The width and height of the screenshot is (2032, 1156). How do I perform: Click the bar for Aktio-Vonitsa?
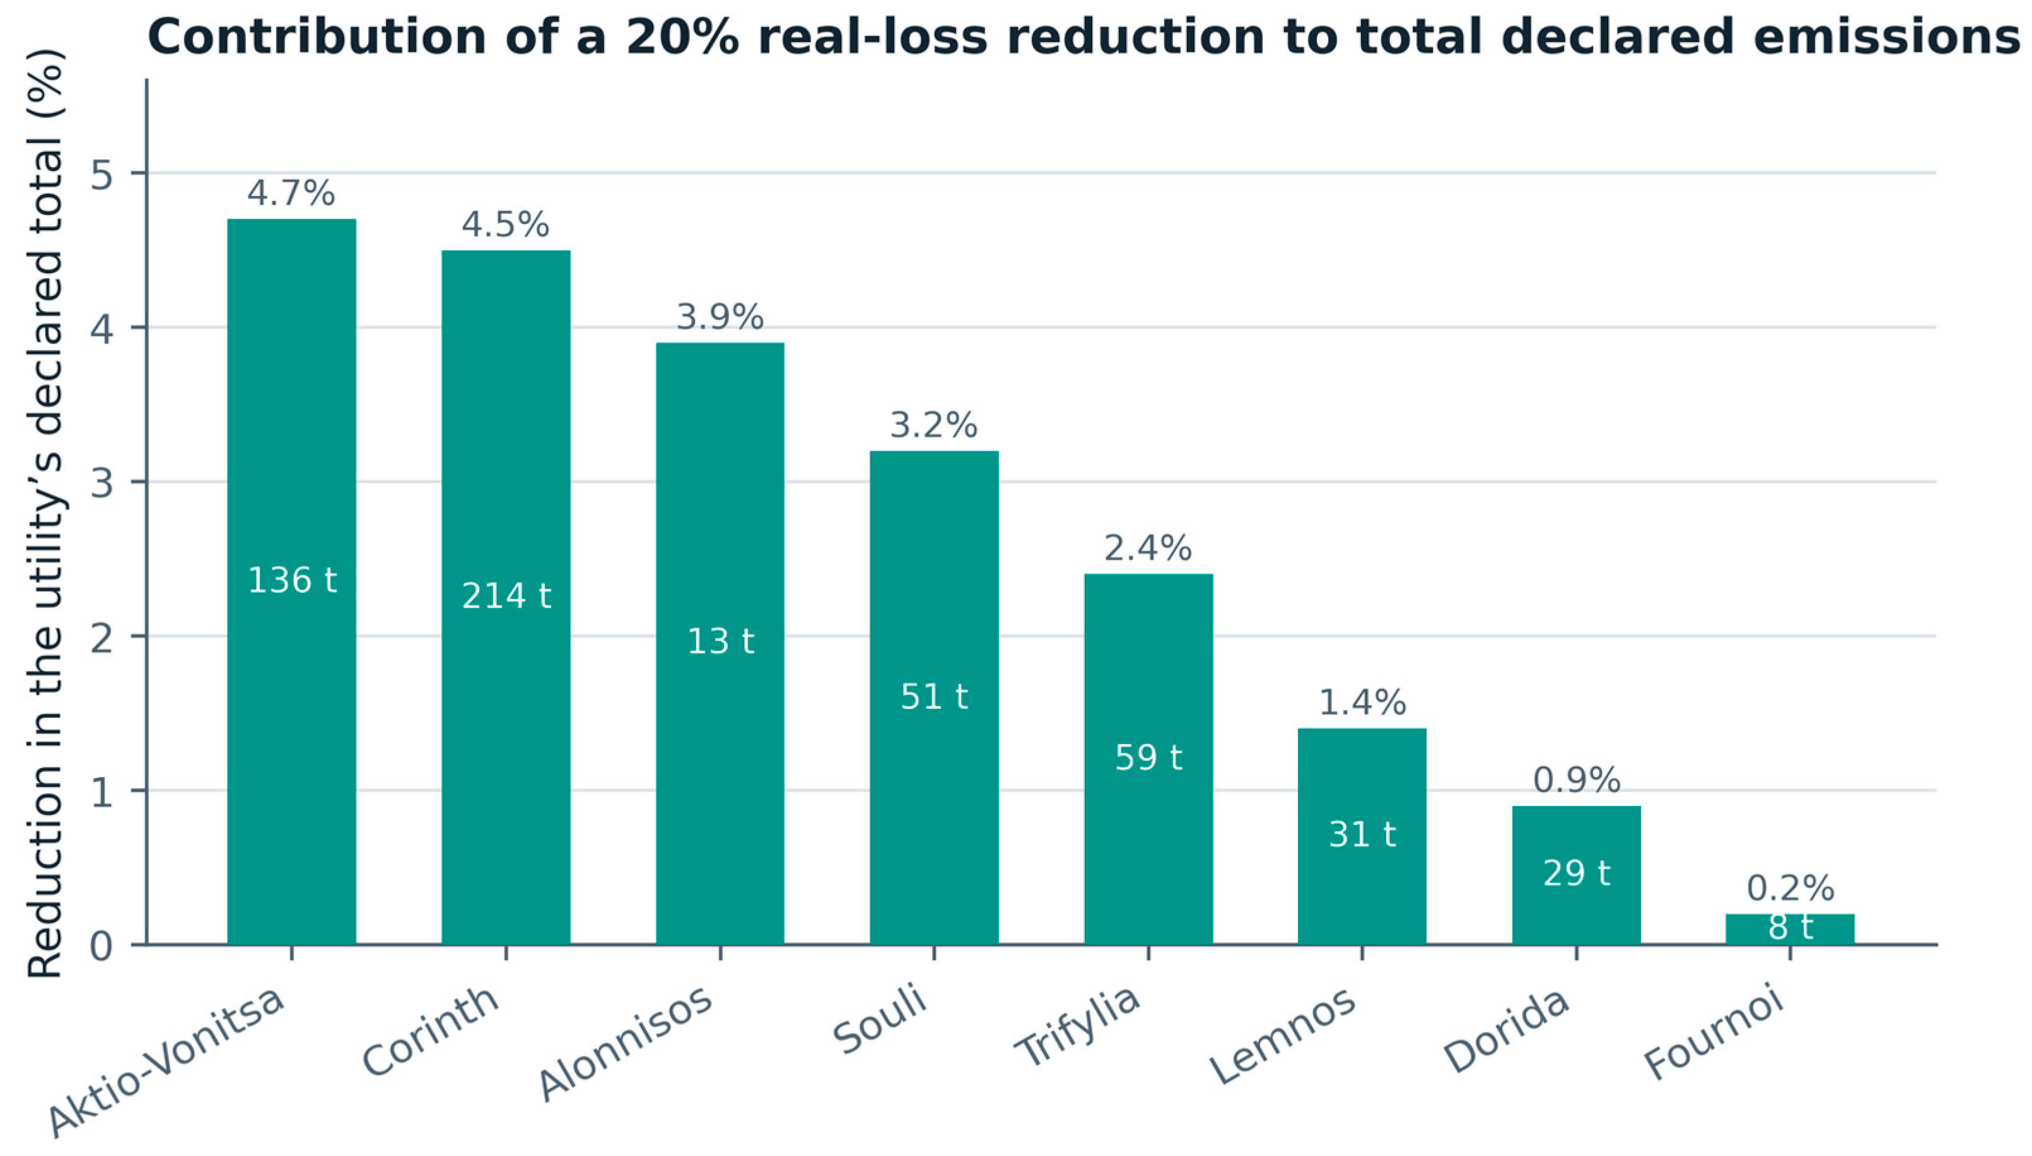click(x=291, y=581)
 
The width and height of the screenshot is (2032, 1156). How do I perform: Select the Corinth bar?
click(x=506, y=597)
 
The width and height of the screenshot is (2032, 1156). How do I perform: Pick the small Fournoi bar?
click(x=1790, y=929)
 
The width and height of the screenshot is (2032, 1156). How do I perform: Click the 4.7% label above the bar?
click(x=291, y=193)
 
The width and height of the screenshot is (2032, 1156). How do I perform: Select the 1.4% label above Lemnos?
click(x=1362, y=703)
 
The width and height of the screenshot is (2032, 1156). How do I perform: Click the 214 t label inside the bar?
click(x=506, y=596)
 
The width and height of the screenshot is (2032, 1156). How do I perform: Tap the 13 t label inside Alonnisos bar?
click(x=720, y=641)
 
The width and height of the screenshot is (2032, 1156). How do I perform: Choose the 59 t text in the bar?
click(x=1148, y=757)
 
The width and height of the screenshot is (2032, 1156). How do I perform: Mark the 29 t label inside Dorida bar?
click(x=1577, y=873)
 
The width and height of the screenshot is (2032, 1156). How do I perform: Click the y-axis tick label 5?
click(x=102, y=174)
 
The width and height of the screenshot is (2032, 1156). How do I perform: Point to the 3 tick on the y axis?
click(x=102, y=482)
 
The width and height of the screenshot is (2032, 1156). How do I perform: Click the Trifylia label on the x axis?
click(x=1078, y=1026)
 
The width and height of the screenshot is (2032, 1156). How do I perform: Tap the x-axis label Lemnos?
click(x=1283, y=1036)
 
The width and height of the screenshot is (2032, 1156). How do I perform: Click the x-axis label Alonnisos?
click(x=626, y=1043)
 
